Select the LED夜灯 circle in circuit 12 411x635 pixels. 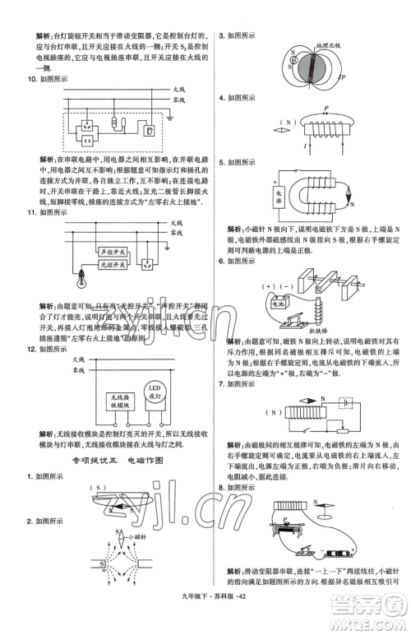154,392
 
